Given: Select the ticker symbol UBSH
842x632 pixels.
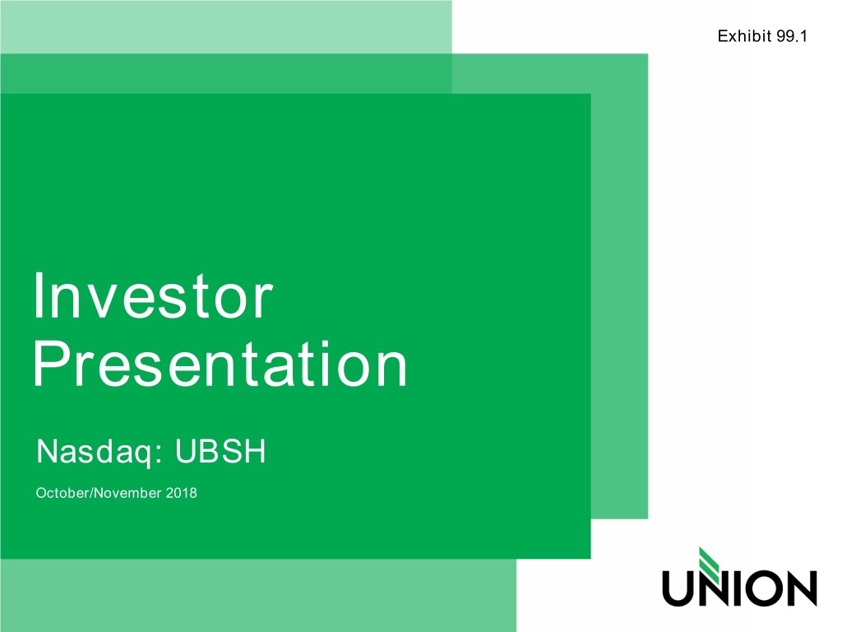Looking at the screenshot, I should [220, 452].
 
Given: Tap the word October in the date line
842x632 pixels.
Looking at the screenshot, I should [59, 495].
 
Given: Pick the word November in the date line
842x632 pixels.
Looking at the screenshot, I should [123, 495].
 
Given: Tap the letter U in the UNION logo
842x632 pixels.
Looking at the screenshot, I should [679, 588].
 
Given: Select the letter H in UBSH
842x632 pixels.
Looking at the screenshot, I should [254, 452].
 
